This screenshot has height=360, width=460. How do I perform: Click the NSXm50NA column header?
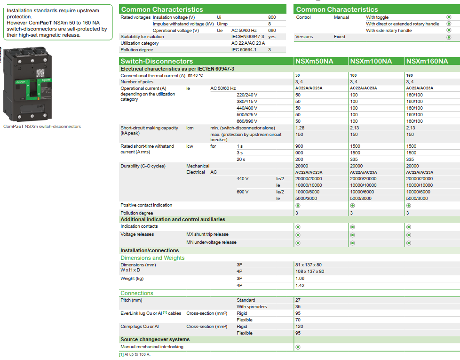pyautogui.click(x=314, y=61)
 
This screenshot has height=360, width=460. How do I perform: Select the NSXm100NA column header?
pyautogui.click(x=371, y=61)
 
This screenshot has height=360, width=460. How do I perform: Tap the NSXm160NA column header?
pyautogui.click(x=427, y=61)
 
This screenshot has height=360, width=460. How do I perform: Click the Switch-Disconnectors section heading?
pyautogui.click(x=157, y=61)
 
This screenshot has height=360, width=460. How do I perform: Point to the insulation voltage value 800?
pyautogui.click(x=272, y=17)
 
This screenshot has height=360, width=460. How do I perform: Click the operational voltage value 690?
pyautogui.click(x=272, y=30)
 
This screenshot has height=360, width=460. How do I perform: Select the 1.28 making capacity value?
pyautogui.click(x=300, y=128)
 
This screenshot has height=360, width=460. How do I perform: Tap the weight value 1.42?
pyautogui.click(x=300, y=285)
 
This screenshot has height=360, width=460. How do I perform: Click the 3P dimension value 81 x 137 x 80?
pyautogui.click(x=309, y=265)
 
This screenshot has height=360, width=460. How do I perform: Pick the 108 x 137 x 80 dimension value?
pyautogui.click(x=310, y=272)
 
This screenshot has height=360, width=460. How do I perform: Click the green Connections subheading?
pyautogui.click(x=137, y=293)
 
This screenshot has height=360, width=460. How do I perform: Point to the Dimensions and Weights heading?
pyautogui.click(x=152, y=258)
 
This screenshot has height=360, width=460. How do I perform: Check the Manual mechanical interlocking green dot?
pyautogui.click(x=298, y=347)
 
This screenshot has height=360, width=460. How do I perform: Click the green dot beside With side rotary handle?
pyautogui.click(x=449, y=30)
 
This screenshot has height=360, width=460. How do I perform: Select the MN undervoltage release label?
pyautogui.click(x=211, y=242)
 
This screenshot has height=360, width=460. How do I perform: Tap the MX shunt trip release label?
pyautogui.click(x=207, y=234)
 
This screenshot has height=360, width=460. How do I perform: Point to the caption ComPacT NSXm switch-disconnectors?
pyautogui.click(x=42, y=127)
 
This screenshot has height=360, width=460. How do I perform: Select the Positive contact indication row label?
pyautogui.click(x=146, y=205)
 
